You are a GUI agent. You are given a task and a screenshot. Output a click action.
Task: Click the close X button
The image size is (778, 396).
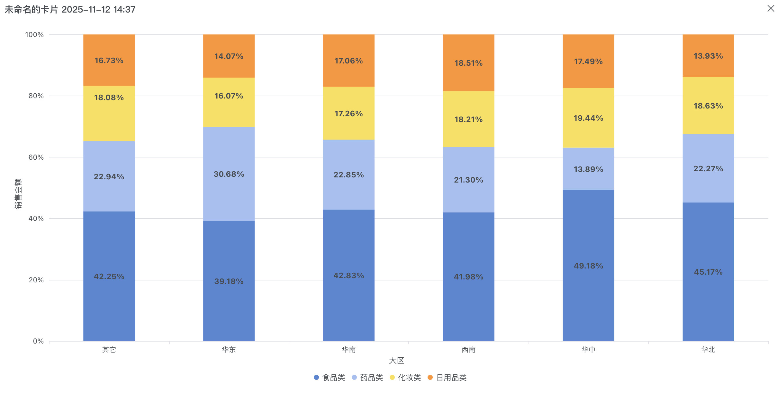point(771,9)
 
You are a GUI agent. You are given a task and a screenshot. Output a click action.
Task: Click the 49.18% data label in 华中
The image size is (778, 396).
point(588,266)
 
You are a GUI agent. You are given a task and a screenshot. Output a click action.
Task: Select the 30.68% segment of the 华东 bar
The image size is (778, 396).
point(229,174)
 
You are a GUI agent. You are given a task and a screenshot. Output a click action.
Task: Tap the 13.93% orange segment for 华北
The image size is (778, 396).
point(708,56)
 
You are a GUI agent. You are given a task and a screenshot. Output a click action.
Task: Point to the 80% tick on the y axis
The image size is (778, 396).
point(36,96)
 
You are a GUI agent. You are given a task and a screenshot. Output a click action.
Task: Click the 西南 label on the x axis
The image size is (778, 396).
point(468,350)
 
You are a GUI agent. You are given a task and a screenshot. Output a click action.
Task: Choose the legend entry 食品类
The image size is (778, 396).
point(330,378)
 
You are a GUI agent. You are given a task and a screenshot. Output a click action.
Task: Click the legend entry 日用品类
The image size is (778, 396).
point(447,378)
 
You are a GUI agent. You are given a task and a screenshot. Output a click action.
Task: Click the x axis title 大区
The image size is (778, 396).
point(396,361)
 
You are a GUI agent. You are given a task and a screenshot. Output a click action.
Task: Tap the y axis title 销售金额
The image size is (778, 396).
point(18,193)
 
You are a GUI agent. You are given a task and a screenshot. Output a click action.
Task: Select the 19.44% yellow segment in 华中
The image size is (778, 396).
point(588,118)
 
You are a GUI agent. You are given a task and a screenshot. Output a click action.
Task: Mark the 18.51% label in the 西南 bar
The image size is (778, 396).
point(468,63)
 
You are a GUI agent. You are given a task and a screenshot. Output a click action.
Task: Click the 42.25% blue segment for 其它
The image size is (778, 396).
point(109,277)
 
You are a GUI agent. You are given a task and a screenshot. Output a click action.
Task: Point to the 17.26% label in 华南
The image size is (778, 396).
point(348,114)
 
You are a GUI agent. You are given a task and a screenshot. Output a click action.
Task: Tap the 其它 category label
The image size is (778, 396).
point(109,350)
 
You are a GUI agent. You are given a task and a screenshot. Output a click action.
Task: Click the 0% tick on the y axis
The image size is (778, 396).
point(38,341)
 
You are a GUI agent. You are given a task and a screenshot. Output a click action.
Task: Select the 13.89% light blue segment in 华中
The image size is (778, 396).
point(588,169)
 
